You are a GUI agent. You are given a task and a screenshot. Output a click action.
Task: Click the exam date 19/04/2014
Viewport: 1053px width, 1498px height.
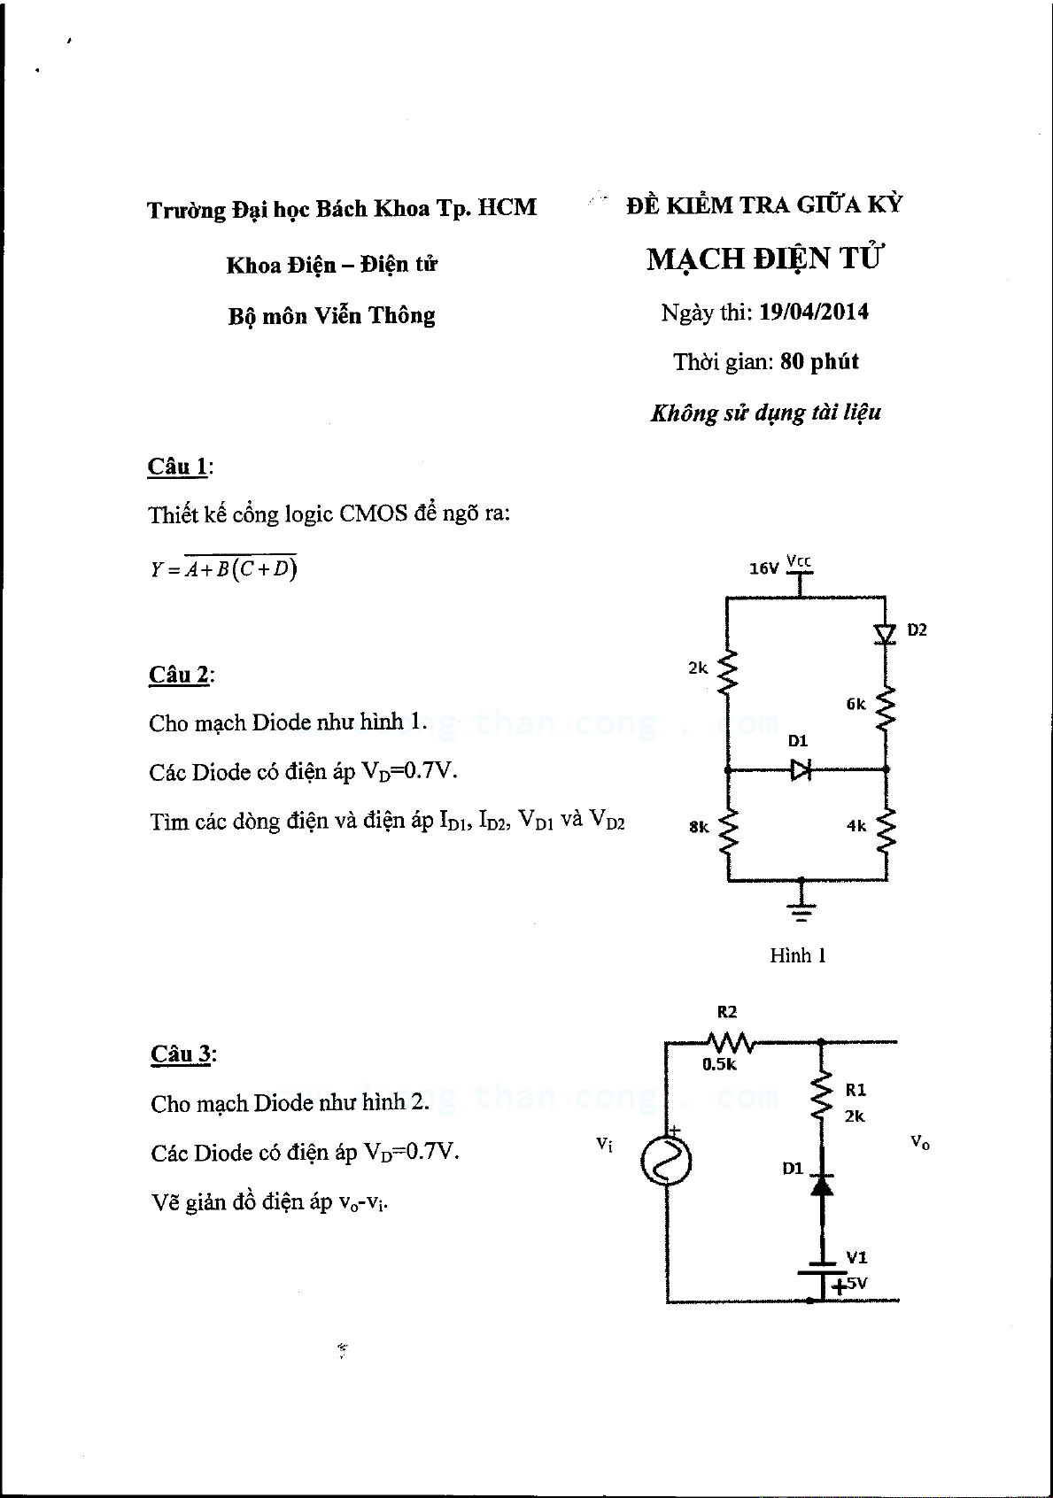(x=814, y=313)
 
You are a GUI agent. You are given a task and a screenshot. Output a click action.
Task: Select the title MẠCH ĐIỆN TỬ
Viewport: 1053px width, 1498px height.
(x=764, y=259)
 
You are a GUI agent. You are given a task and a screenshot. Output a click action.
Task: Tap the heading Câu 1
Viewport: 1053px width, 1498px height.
(x=178, y=466)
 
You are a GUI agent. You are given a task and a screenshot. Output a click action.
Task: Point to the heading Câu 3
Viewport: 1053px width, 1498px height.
(x=181, y=1054)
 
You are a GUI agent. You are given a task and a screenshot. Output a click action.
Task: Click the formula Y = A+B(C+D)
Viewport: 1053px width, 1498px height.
(x=223, y=568)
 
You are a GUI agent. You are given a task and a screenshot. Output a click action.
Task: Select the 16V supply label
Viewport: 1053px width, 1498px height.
(x=764, y=568)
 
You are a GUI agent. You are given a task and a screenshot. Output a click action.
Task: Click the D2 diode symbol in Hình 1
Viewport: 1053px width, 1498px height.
(x=885, y=634)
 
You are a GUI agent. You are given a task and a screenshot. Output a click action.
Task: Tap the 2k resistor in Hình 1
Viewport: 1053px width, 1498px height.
(x=727, y=670)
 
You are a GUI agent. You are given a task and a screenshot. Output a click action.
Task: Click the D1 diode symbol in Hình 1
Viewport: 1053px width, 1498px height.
(x=801, y=770)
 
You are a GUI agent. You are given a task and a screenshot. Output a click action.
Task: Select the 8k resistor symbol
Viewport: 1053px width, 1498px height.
(x=728, y=830)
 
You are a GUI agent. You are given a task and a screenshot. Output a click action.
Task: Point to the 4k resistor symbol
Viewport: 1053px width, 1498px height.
(x=886, y=830)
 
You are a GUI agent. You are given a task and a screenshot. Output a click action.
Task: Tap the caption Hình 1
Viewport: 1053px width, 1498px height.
(x=798, y=955)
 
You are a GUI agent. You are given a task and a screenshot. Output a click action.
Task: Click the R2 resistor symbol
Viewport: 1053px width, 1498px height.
(x=731, y=1041)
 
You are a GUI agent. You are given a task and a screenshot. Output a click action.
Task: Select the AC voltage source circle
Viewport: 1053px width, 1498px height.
(x=666, y=1162)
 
